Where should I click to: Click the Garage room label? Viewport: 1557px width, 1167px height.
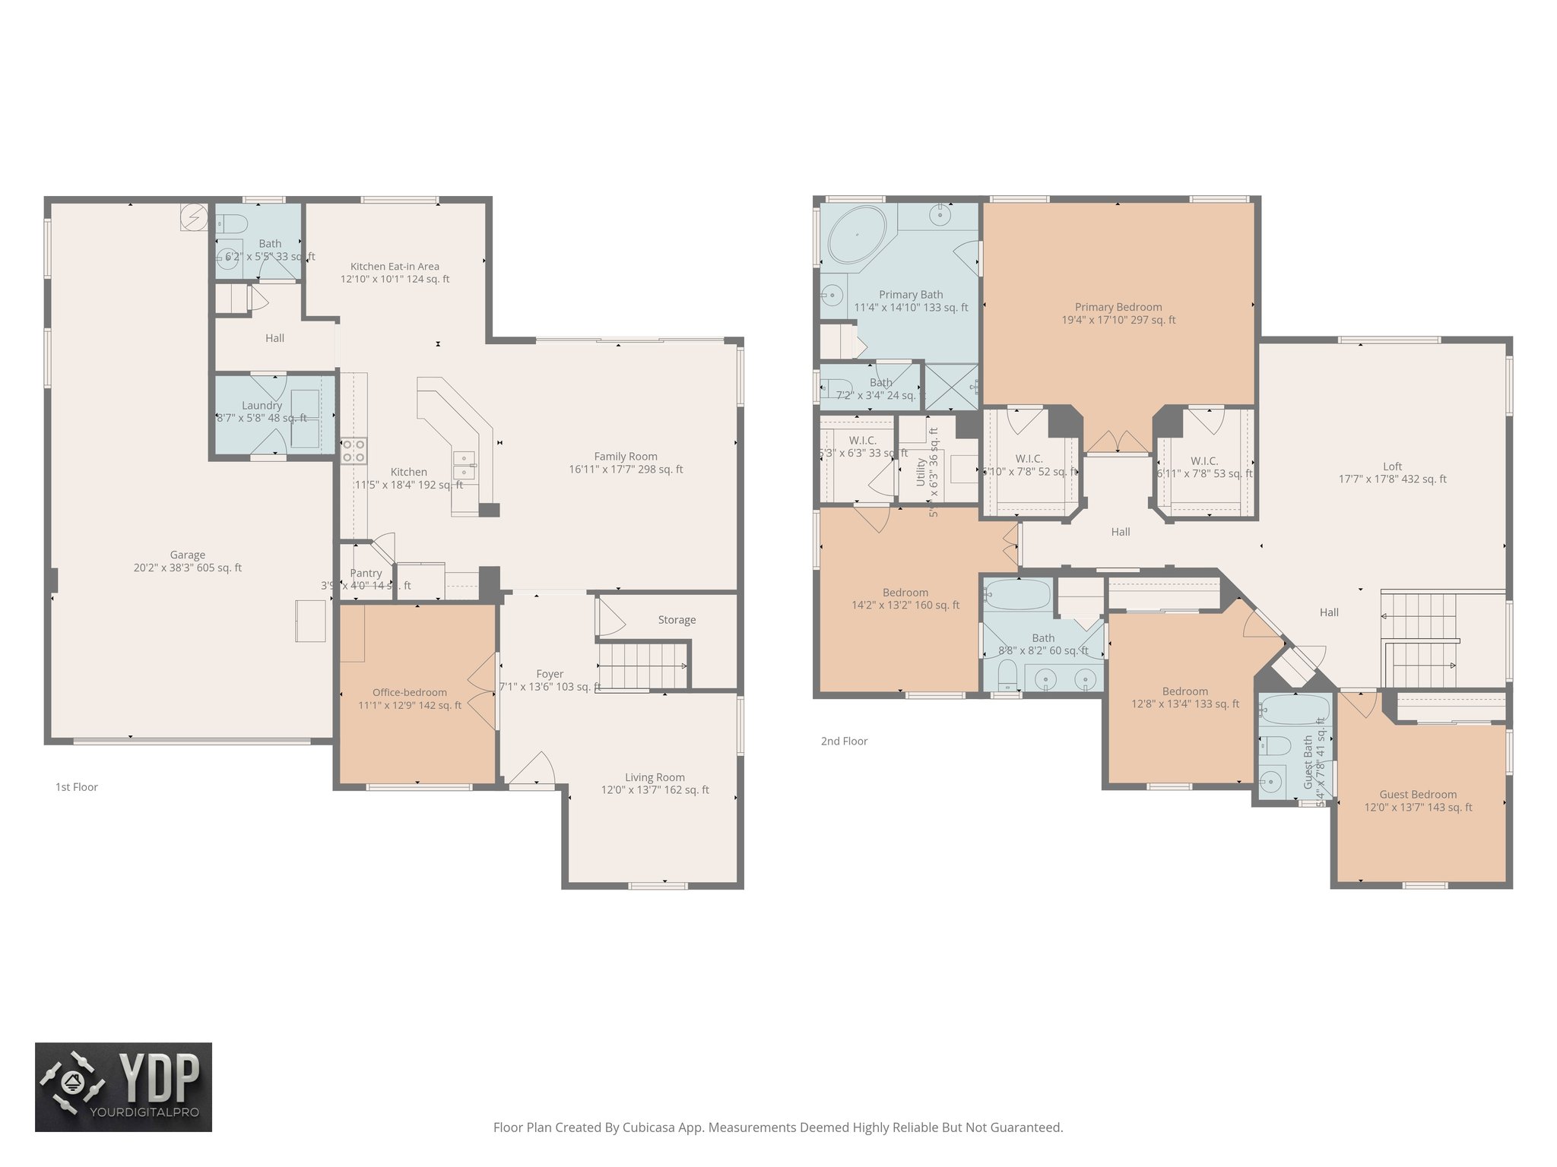[187, 555]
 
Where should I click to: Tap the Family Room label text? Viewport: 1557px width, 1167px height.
[625, 456]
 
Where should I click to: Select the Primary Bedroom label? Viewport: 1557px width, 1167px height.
[1118, 307]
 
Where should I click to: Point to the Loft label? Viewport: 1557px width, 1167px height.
[1392, 466]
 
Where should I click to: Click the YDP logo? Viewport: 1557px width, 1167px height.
[123, 1086]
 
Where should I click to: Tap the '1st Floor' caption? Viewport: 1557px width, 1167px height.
[76, 787]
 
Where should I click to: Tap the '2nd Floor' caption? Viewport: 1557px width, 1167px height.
[844, 741]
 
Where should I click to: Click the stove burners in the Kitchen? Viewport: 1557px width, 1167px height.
[354, 451]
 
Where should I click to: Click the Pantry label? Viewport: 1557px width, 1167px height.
[366, 573]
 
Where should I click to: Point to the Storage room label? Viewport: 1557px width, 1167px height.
[677, 620]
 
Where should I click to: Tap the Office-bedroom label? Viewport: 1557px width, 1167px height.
[409, 692]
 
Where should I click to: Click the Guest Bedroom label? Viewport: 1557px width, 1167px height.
[1418, 794]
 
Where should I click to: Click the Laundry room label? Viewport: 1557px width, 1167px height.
[262, 406]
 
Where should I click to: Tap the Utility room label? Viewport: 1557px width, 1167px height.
[921, 472]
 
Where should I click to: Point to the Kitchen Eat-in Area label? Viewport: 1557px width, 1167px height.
[395, 267]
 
